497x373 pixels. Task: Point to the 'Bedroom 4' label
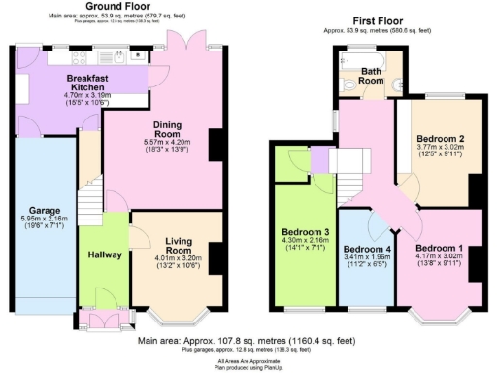(x=366, y=248)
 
